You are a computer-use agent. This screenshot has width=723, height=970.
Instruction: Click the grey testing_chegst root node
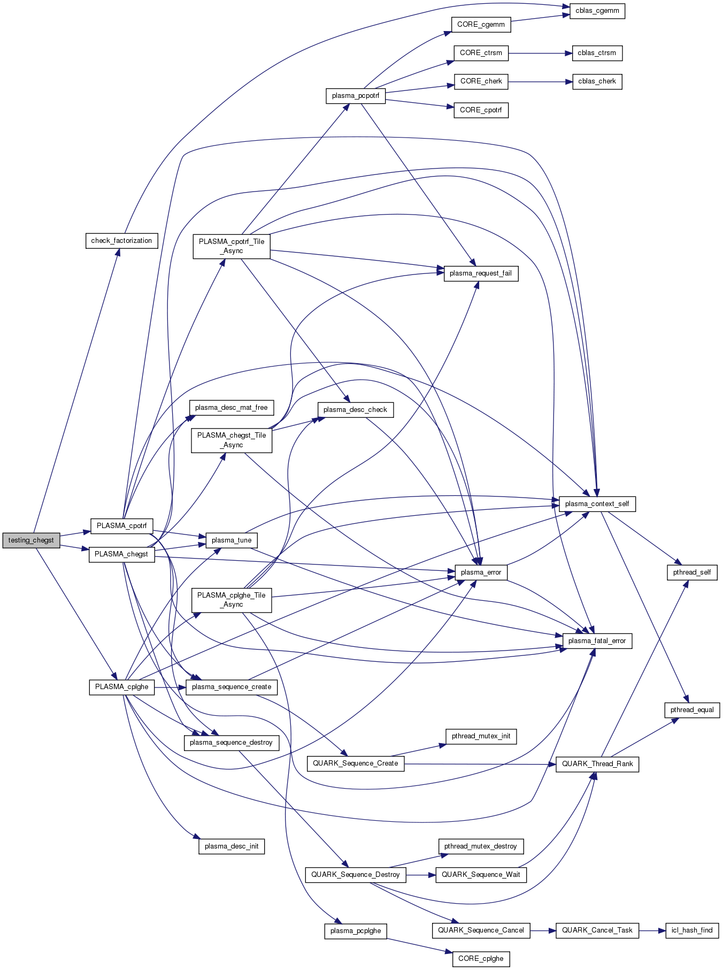[x=31, y=540]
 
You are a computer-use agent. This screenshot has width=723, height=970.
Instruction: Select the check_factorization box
[x=121, y=241]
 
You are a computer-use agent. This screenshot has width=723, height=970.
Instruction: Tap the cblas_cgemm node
[x=597, y=11]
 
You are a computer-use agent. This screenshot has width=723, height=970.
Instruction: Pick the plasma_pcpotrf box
[x=355, y=96]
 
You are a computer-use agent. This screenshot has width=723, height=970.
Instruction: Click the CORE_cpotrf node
[x=481, y=110]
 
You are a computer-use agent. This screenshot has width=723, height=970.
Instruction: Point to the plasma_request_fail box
[x=480, y=273]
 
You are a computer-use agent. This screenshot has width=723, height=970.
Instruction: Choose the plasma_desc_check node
[x=355, y=410]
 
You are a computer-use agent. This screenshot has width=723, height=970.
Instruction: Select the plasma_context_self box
[x=597, y=504]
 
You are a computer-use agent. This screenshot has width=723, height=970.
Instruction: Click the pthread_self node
[x=691, y=572]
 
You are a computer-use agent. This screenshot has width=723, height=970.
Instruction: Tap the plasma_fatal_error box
[x=597, y=641]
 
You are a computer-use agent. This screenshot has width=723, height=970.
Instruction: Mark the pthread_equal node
[x=692, y=710]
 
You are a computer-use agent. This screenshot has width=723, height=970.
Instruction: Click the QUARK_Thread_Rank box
[x=597, y=764]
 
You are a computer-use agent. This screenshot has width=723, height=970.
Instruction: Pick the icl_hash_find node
[x=692, y=930]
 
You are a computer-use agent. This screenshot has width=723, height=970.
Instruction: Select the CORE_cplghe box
[x=480, y=959]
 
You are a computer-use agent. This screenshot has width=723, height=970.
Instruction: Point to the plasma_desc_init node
[x=232, y=846]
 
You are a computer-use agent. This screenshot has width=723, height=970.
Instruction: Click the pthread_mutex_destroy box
[x=480, y=846]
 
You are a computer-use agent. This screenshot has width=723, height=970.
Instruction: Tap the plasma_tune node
[x=231, y=540]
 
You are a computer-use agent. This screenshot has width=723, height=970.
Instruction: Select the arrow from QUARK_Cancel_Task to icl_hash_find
[x=651, y=930]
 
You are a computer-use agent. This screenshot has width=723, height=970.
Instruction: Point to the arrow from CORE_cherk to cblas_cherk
[x=540, y=82]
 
